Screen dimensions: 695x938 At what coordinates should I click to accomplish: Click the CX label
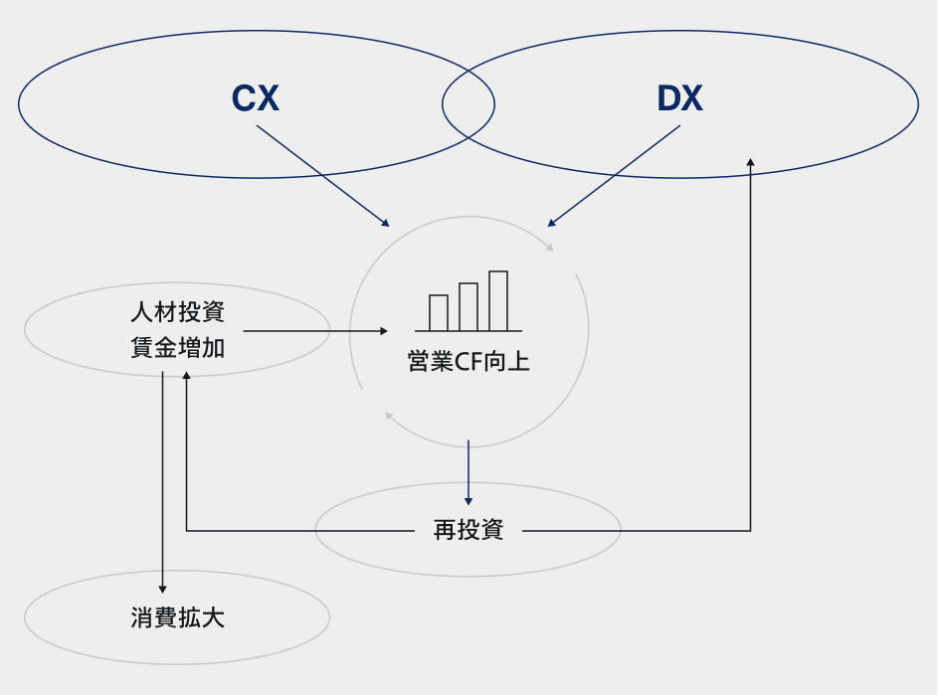tap(256, 98)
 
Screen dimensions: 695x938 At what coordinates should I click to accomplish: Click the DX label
tap(679, 98)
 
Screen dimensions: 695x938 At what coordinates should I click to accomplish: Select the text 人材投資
tap(177, 312)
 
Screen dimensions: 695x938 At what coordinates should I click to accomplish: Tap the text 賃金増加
tap(177, 348)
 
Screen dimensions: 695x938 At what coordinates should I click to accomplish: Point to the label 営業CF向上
tap(469, 361)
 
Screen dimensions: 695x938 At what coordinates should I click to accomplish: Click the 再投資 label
tap(469, 530)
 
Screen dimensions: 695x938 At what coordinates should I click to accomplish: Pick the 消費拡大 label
tap(177, 617)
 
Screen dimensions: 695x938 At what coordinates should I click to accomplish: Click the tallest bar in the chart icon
tap(498, 300)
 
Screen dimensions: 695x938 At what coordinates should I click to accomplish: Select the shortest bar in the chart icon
tap(439, 312)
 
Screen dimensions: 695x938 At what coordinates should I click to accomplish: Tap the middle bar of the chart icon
tap(469, 306)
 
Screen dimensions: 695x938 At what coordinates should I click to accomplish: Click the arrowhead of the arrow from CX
tap(385, 222)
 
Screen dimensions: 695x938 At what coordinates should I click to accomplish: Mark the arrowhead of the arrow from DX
tap(552, 222)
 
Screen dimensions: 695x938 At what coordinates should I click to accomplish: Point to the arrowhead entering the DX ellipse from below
tap(750, 161)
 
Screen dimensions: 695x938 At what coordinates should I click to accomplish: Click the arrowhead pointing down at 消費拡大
tap(162, 590)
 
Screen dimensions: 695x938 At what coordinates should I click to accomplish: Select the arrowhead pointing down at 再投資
tap(469, 500)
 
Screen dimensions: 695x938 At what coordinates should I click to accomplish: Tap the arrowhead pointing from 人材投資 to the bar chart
tap(383, 330)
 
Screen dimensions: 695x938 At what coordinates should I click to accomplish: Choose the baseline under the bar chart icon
tap(469, 331)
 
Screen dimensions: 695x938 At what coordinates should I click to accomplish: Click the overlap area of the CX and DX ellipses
tap(469, 103)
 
